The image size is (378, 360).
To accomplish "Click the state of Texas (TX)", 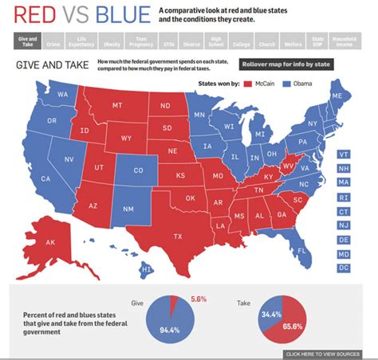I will [177, 236].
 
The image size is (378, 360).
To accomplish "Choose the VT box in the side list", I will [344, 154].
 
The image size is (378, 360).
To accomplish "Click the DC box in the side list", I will [344, 268].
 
